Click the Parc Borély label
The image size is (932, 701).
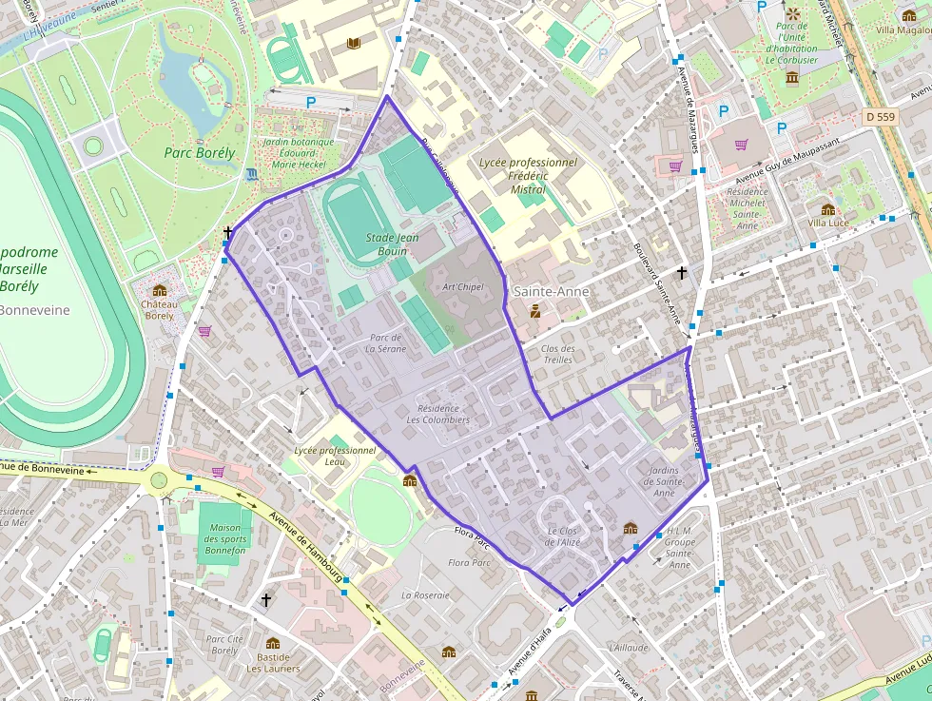(199, 152)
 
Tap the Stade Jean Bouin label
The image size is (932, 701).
(393, 244)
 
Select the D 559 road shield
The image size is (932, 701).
(882, 116)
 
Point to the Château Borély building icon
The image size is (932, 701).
(159, 290)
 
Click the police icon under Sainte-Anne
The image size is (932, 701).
(535, 310)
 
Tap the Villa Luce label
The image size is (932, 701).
(827, 223)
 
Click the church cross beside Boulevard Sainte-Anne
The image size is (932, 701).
(681, 273)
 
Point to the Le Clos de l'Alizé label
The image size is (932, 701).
(563, 536)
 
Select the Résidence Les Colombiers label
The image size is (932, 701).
(437, 414)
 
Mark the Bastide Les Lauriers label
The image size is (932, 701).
(273, 662)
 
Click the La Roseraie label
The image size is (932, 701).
(425, 594)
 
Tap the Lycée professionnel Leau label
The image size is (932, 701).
(335, 456)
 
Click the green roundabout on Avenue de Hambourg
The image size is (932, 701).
(158, 479)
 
